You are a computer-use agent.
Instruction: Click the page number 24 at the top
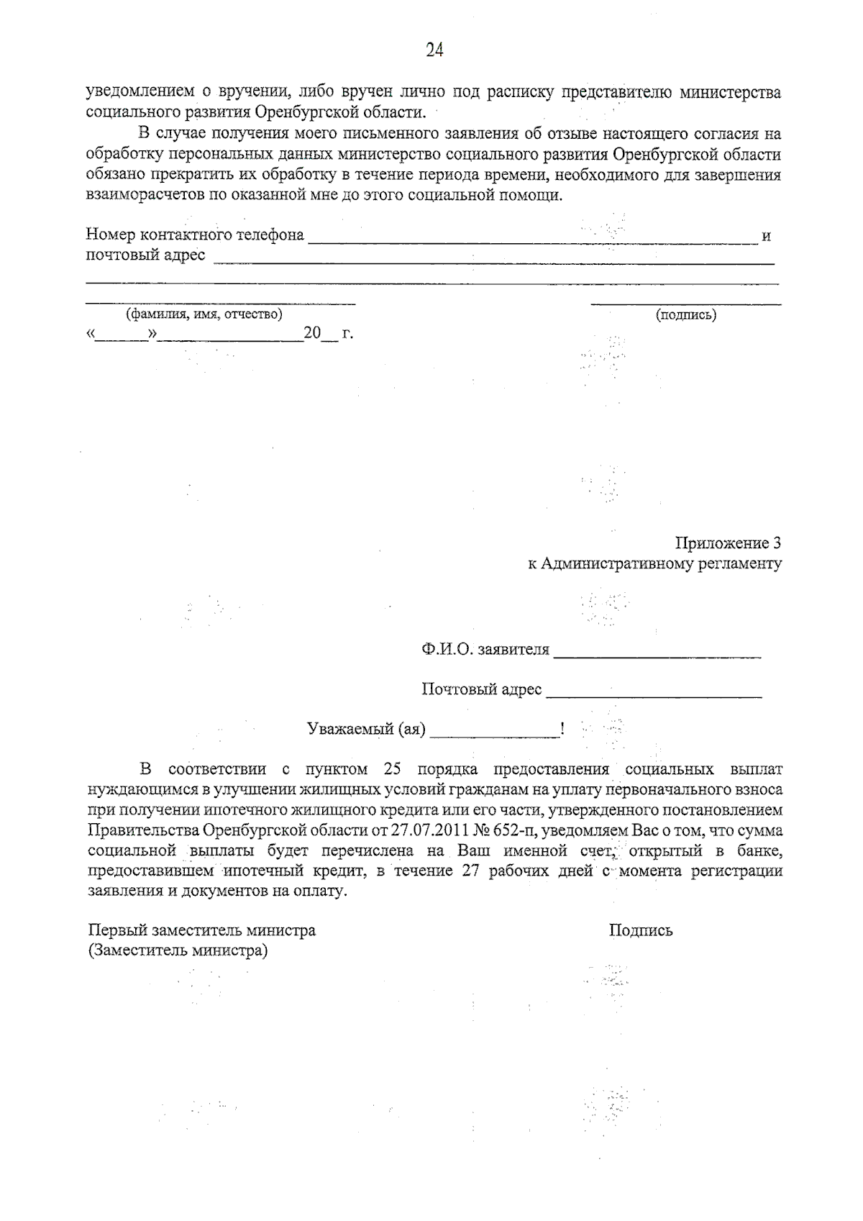(x=434, y=50)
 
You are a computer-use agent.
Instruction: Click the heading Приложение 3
(x=728, y=543)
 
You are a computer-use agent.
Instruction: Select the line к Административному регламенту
(x=654, y=564)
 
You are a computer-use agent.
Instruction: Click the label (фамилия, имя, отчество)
(x=204, y=314)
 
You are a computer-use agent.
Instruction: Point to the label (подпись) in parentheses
(x=685, y=315)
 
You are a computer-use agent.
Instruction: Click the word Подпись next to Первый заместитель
(x=641, y=930)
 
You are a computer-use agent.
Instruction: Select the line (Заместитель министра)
(x=177, y=950)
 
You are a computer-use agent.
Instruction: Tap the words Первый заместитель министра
(x=201, y=930)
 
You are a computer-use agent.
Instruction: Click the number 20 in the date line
(x=311, y=334)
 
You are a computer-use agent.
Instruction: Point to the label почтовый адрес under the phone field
(x=145, y=255)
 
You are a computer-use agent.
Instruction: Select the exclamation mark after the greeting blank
(x=562, y=730)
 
